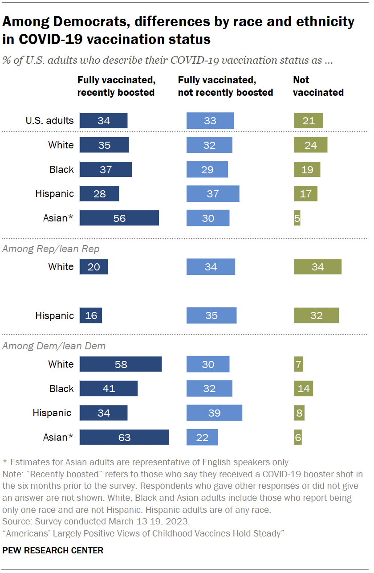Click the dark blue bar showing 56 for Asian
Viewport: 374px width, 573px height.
(119, 218)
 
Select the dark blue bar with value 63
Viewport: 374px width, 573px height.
(124, 438)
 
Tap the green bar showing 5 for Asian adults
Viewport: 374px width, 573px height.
(297, 218)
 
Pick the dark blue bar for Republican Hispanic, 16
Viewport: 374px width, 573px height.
(91, 315)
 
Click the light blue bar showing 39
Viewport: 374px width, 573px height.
(214, 413)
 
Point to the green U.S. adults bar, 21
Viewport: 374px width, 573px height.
(308, 121)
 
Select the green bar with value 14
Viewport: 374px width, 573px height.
(303, 389)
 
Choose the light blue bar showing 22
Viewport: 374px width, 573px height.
(202, 438)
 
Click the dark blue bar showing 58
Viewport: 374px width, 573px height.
(121, 364)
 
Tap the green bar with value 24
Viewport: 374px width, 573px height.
(310, 145)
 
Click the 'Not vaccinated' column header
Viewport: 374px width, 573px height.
(318, 86)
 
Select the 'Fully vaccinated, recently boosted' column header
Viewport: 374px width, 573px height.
(116, 86)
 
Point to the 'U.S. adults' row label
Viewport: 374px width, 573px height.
(49, 121)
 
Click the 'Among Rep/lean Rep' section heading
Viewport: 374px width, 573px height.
(51, 249)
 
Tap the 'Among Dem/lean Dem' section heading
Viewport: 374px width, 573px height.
(54, 346)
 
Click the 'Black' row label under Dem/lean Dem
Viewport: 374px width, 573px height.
(61, 389)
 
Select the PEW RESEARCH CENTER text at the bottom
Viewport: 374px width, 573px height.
(53, 550)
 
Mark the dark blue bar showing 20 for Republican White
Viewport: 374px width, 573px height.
(94, 267)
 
